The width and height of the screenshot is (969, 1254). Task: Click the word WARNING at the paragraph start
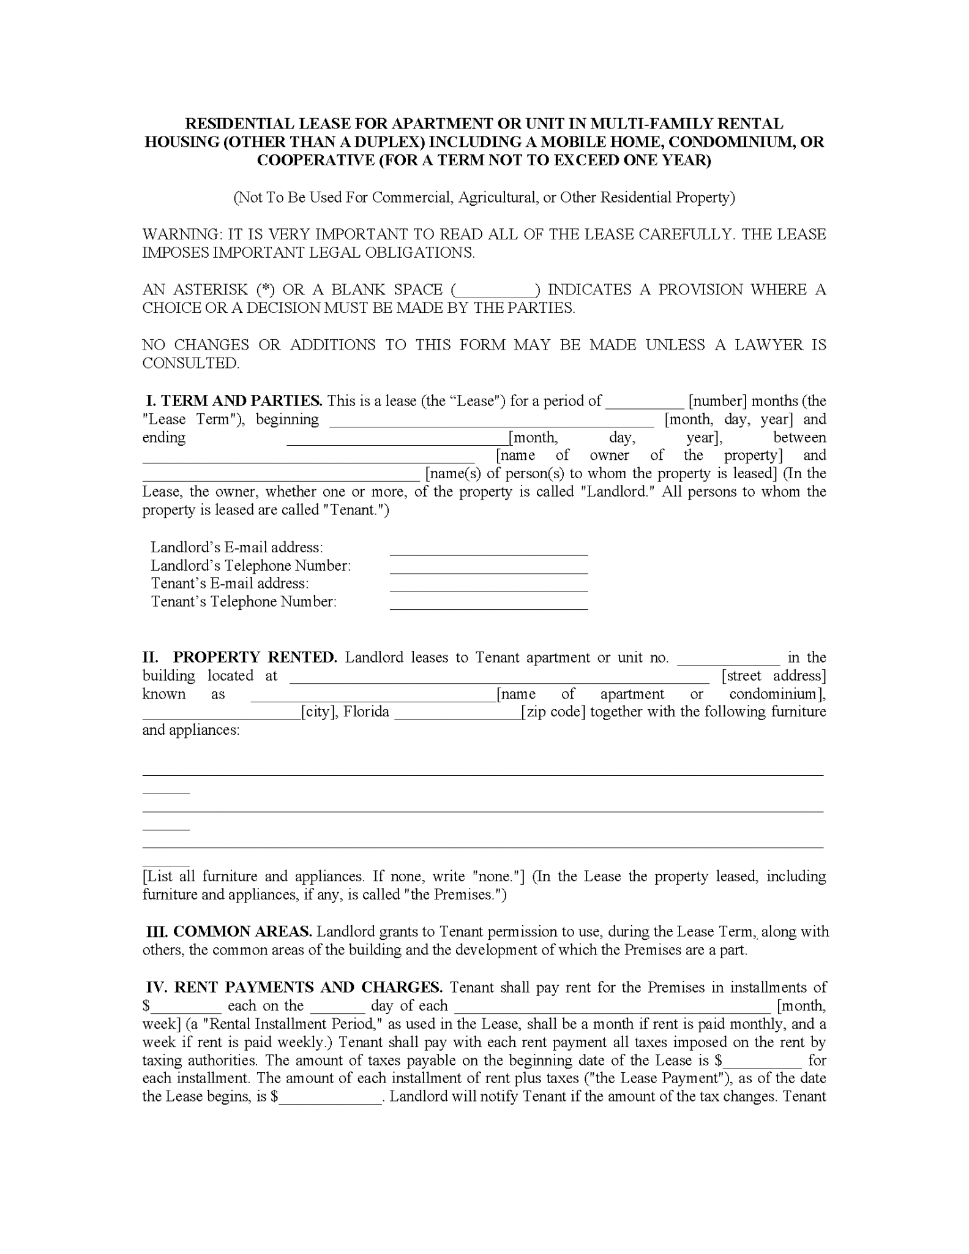(181, 235)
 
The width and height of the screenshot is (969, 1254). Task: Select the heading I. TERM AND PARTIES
(234, 401)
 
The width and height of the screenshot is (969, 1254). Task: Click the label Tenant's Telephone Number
(244, 602)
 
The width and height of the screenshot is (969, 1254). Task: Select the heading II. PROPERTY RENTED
(239, 658)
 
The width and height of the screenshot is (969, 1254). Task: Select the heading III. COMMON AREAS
(229, 932)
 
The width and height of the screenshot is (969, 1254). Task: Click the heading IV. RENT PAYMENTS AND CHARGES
(294, 988)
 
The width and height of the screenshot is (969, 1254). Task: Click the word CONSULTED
(190, 363)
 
